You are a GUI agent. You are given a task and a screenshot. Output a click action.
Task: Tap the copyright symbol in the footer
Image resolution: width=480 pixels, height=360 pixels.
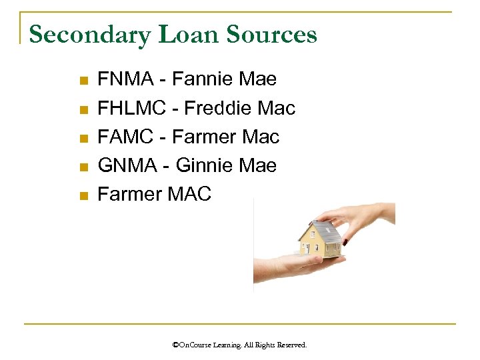coord(175,345)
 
